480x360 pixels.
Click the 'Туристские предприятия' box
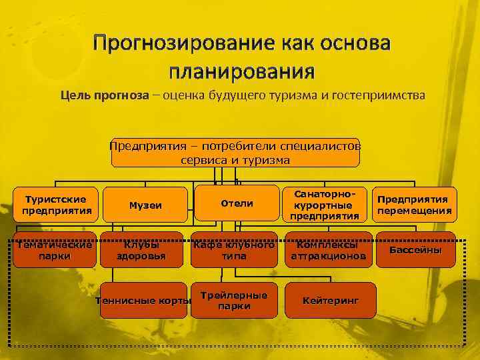point(55,205)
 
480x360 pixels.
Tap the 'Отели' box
point(237,203)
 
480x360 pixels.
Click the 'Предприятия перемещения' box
point(414,205)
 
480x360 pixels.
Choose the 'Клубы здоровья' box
point(141,249)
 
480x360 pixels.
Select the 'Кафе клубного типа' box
point(234,249)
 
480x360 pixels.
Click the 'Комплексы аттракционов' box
point(328,249)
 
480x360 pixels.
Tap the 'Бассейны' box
point(416,249)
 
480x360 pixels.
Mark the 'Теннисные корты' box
point(144,300)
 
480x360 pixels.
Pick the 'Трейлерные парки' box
point(234,300)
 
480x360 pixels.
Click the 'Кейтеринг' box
point(331,300)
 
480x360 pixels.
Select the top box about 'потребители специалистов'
point(235,153)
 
